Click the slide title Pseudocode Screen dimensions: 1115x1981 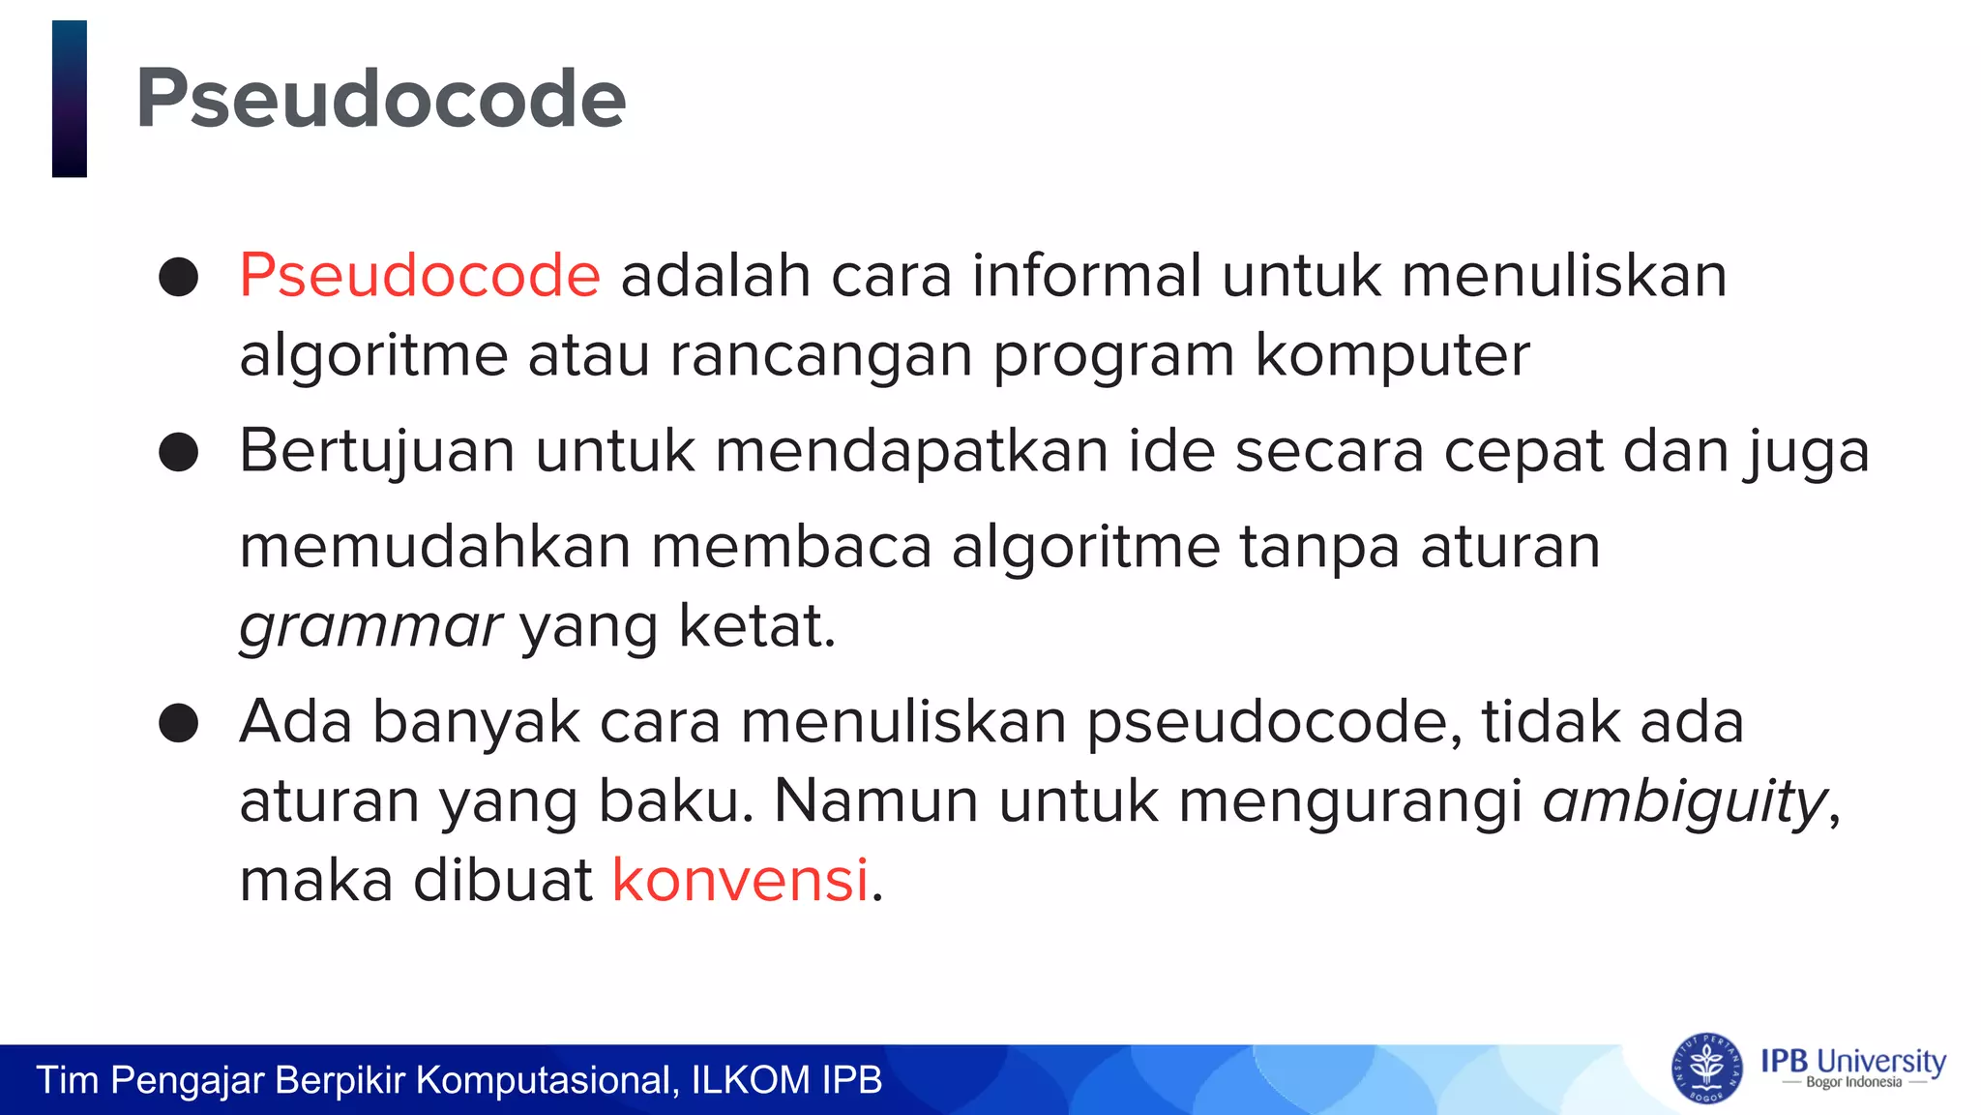tap(381, 99)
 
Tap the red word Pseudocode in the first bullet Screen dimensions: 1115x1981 tap(420, 276)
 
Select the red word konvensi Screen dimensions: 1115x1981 tap(740, 881)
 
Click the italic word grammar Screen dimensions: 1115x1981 tap(370, 627)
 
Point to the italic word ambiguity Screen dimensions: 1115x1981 tap(1684, 802)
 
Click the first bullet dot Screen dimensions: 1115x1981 tap(179, 277)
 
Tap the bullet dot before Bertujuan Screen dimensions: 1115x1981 tap(179, 452)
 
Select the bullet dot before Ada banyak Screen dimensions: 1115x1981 tap(179, 723)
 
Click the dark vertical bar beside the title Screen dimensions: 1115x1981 tap(70, 99)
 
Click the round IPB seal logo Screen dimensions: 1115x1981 tap(1707, 1069)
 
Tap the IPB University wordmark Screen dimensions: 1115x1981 tap(1852, 1061)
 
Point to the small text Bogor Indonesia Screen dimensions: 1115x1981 tap(1853, 1083)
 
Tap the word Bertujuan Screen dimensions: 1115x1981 tap(376, 452)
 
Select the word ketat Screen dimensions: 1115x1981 tap(756, 627)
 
